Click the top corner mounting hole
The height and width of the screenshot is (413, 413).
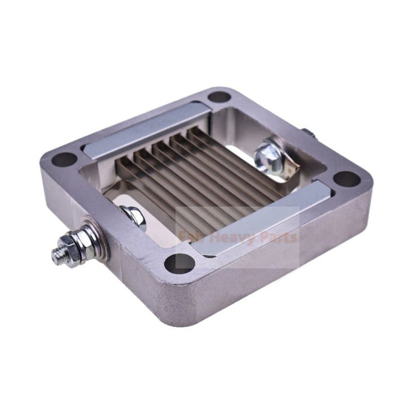tap(219, 97)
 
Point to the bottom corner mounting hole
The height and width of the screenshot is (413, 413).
tap(183, 263)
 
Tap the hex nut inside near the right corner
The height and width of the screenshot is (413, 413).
tap(267, 154)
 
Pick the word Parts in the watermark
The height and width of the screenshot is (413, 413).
tap(277, 237)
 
